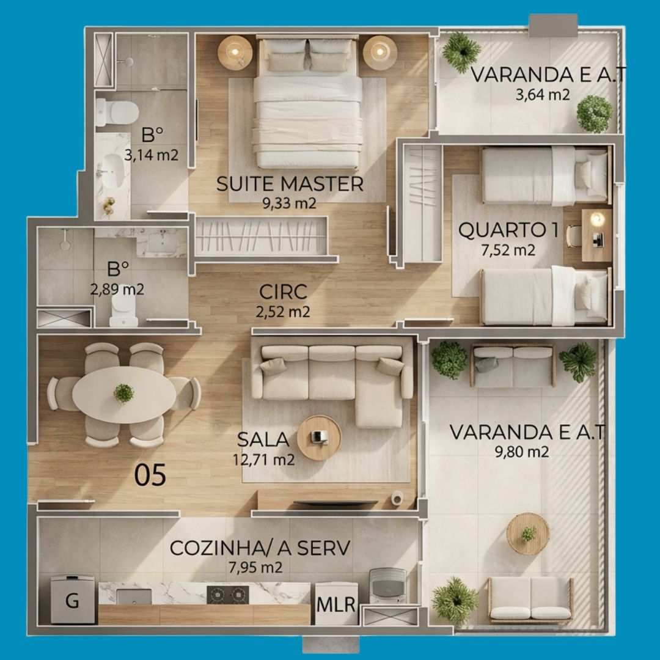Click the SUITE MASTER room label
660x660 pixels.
290,185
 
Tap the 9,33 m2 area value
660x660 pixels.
289,204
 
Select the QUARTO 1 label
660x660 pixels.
508,230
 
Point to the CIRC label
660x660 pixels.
283,292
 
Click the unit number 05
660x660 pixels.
150,475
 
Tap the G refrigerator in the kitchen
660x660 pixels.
72,599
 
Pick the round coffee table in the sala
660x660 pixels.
319,438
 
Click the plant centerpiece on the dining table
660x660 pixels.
123,393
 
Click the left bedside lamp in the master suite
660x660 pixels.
235,52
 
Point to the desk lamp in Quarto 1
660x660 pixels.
597,219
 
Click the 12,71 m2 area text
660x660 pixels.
264,460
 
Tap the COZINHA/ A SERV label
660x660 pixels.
260,548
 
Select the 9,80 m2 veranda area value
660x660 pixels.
522,452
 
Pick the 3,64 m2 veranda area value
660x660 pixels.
543,95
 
